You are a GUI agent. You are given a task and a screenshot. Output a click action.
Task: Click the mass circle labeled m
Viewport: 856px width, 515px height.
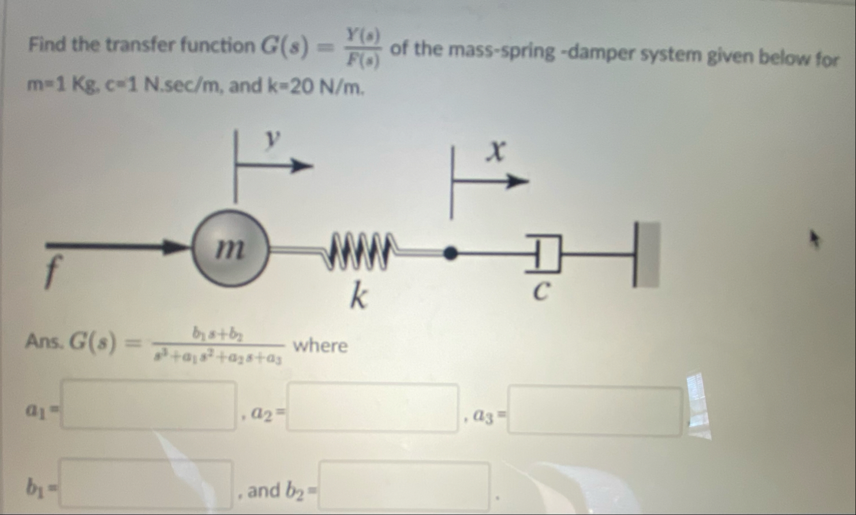tap(230, 248)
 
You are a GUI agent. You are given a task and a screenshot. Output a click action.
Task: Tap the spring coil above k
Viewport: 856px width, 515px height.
tap(358, 251)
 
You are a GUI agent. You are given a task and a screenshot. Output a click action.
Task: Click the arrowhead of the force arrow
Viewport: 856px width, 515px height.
tap(174, 248)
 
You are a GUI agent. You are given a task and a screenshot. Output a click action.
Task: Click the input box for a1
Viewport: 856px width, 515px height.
tap(149, 405)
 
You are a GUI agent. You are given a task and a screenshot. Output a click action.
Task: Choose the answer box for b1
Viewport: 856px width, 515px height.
tap(147, 484)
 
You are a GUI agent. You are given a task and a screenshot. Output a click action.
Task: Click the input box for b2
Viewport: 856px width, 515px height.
tap(404, 486)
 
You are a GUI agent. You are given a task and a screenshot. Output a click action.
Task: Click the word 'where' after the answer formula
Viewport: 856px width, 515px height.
tap(320, 346)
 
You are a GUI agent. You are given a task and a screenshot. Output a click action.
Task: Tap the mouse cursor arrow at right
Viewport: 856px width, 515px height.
tap(815, 237)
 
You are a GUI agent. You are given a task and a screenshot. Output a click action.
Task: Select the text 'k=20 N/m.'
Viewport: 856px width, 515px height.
tap(316, 86)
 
